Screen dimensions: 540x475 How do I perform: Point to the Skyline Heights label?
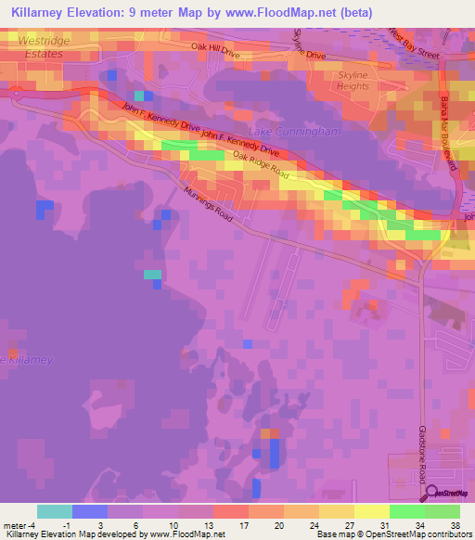click(353, 80)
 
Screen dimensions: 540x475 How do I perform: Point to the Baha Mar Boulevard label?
click(449, 131)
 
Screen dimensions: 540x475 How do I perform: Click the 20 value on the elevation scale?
click(254, 524)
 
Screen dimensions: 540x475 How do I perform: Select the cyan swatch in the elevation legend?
click(54, 511)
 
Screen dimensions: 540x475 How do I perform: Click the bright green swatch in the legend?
click(406, 511)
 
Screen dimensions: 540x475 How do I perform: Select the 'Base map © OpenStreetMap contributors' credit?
click(392, 534)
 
